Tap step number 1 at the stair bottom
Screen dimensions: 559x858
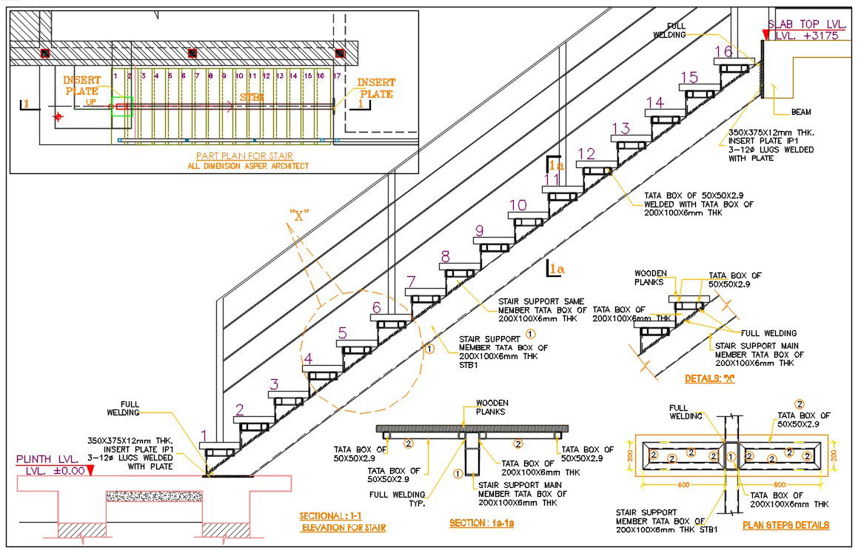coord(204,436)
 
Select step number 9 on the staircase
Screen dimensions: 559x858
coord(479,230)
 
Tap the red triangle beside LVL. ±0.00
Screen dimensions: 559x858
coord(90,470)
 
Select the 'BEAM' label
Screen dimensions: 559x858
coord(801,112)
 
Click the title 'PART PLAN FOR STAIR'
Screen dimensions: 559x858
coord(245,155)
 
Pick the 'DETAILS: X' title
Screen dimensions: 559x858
coord(709,378)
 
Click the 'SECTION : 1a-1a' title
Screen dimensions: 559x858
coord(482,523)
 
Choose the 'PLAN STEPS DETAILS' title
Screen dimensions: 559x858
coord(785,525)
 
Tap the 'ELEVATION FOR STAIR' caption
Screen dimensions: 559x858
coord(343,528)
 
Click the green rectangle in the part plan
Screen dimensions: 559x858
coord(122,107)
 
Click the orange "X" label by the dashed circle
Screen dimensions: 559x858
coord(299,216)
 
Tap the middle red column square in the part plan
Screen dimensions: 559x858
coord(192,53)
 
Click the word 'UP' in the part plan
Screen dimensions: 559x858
coord(91,102)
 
